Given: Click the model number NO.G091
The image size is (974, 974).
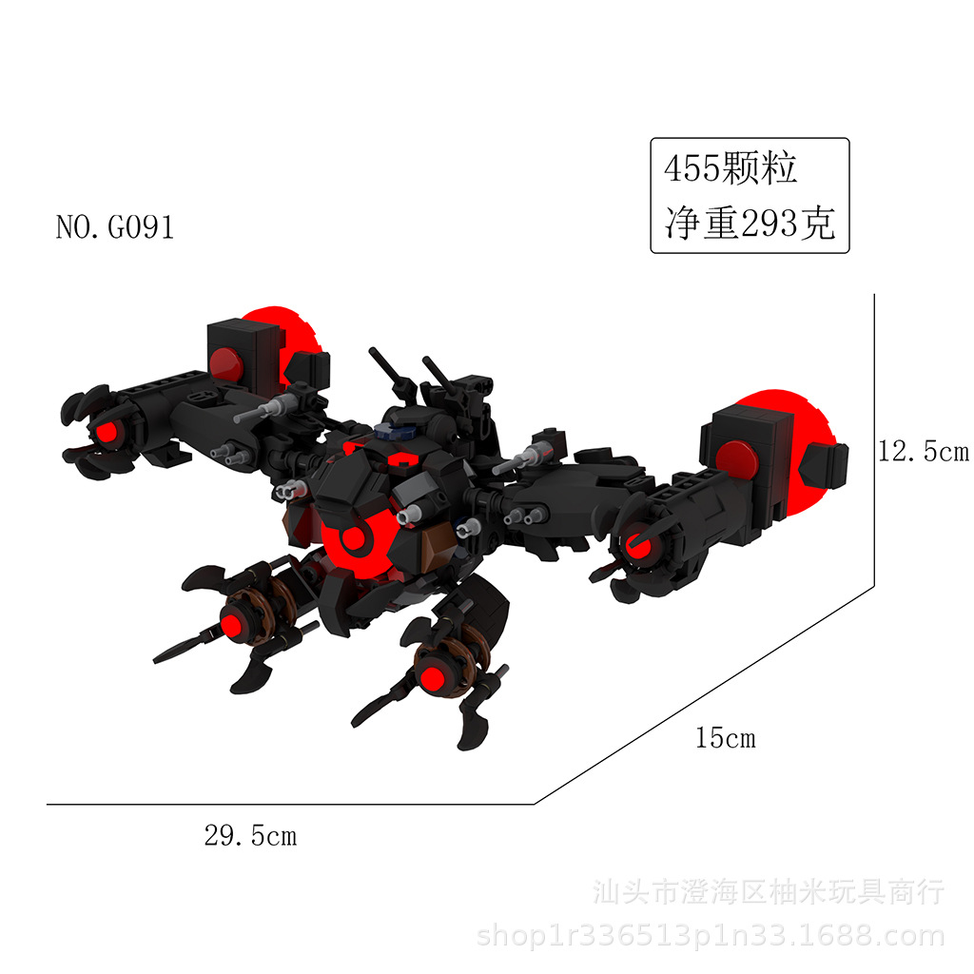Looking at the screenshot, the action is click(115, 228).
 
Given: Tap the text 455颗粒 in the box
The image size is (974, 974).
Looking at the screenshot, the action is click(730, 169).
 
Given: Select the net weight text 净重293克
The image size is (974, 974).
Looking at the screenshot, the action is click(750, 224).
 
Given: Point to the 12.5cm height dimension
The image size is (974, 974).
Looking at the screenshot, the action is click(923, 452).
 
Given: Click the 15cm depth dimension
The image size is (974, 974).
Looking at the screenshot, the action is click(725, 737).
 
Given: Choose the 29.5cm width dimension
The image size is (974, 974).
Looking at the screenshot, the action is click(250, 836).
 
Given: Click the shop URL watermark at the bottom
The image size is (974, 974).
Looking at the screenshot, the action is click(710, 937).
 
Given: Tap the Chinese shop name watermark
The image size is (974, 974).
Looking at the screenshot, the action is click(769, 892).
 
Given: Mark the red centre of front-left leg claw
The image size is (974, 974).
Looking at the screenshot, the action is click(231, 623).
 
